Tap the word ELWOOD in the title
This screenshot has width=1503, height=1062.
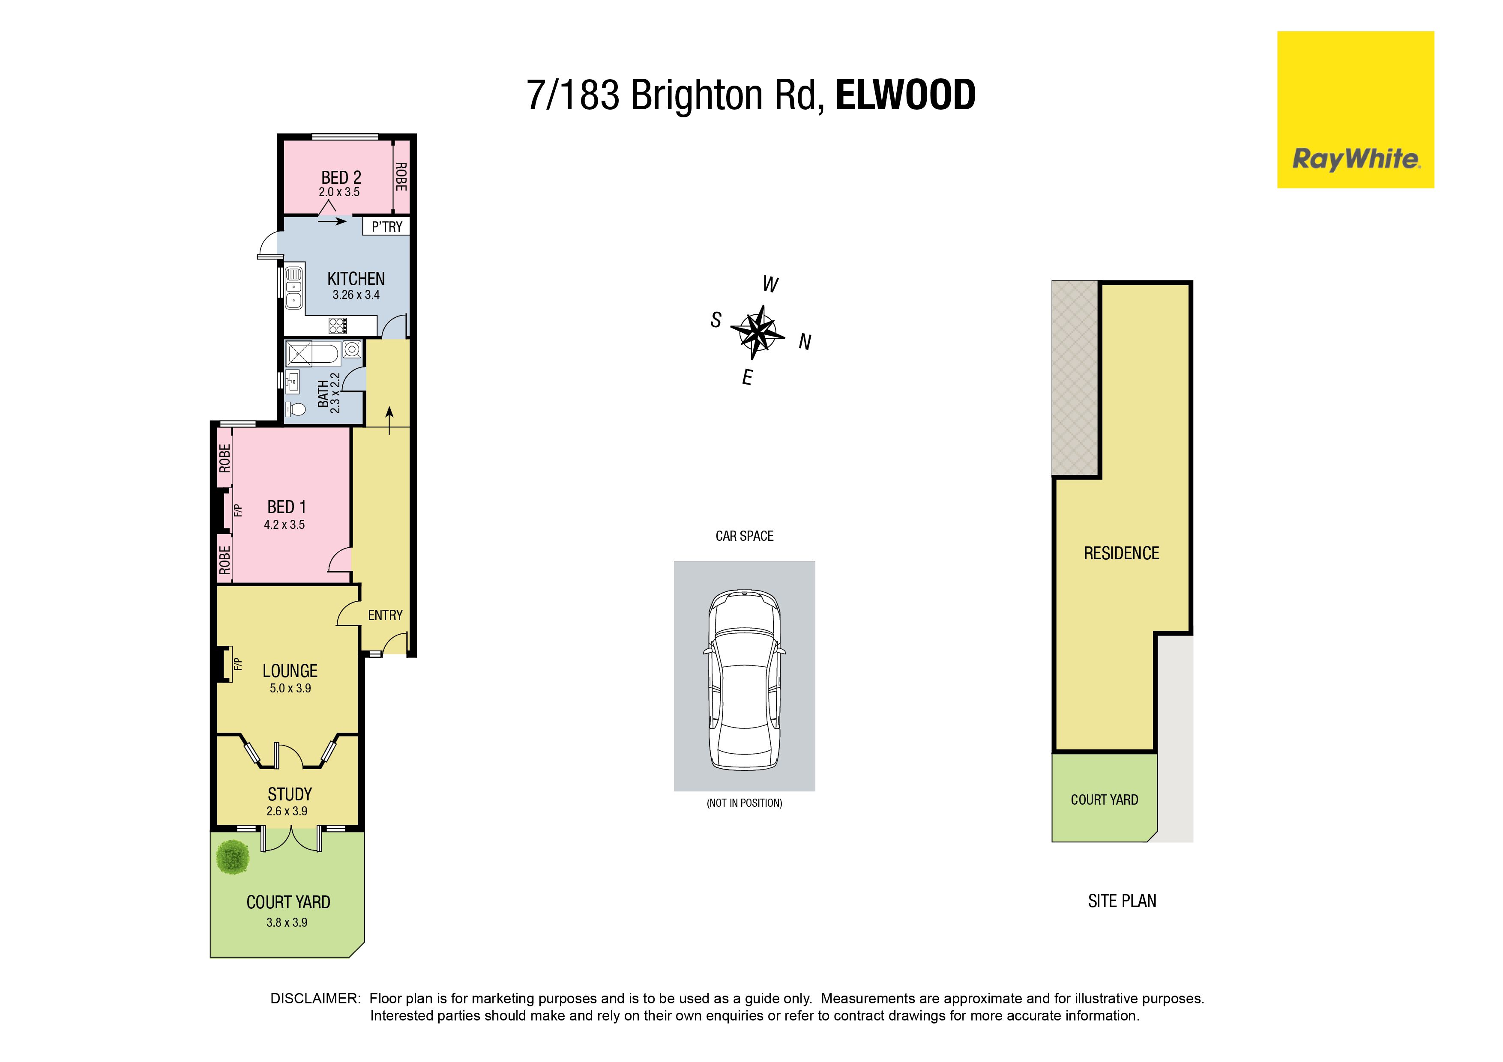click(906, 95)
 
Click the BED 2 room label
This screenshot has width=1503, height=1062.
click(341, 177)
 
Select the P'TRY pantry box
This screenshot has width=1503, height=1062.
click(386, 227)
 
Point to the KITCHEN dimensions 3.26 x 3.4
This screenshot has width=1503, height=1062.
click(356, 295)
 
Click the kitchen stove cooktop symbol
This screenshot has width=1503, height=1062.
click(338, 325)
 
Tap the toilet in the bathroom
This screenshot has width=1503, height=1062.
click(296, 410)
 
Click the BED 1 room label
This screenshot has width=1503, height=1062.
click(287, 507)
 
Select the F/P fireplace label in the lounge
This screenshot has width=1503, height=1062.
click(238, 664)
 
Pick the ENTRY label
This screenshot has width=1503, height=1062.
click(385, 615)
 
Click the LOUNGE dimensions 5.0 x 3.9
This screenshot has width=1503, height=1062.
click(290, 688)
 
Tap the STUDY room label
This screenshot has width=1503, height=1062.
click(289, 794)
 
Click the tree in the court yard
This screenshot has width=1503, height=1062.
click(232, 857)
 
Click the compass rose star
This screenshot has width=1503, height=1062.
click(757, 332)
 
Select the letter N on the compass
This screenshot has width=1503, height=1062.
click(805, 342)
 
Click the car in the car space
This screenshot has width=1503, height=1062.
click(744, 680)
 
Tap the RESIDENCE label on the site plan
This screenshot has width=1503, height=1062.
click(1121, 554)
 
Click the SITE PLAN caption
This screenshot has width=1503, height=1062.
click(1122, 901)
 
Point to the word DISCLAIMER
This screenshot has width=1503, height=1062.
click(315, 999)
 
